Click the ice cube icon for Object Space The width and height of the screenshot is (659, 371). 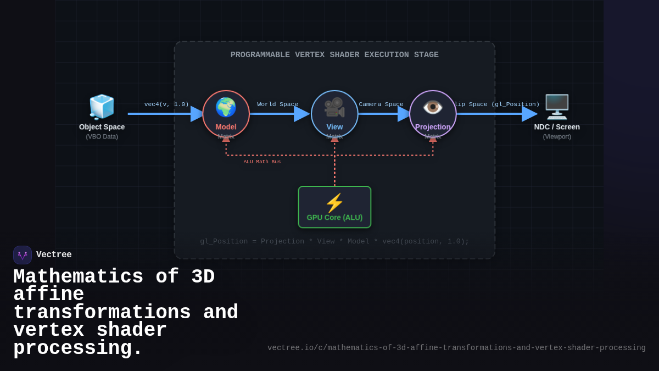coord(102,107)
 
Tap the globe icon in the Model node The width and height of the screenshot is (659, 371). coord(226,107)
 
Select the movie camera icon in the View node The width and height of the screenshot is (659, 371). coord(334,107)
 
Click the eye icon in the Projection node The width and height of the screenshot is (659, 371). coord(433,107)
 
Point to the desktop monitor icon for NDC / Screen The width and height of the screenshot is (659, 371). coord(557,107)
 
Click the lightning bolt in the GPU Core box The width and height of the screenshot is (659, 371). coord(334,203)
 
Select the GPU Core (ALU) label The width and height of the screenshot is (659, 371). coord(334,218)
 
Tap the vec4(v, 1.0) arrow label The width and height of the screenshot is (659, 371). coord(166,104)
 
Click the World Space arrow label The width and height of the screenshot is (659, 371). coord(277,104)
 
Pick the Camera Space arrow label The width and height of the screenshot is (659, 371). coord(381,104)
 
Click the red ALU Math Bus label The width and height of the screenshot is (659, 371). coord(262,162)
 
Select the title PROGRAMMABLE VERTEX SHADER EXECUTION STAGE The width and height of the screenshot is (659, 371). coord(334,55)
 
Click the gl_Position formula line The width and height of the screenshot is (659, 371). coord(334,241)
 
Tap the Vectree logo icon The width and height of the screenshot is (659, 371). coord(23,255)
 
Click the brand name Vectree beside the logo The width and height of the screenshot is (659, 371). coord(54,255)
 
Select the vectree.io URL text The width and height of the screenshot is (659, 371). coord(456,348)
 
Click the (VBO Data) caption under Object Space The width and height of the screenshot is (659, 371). coord(102,137)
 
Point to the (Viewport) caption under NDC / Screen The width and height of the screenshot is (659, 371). coord(557,137)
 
